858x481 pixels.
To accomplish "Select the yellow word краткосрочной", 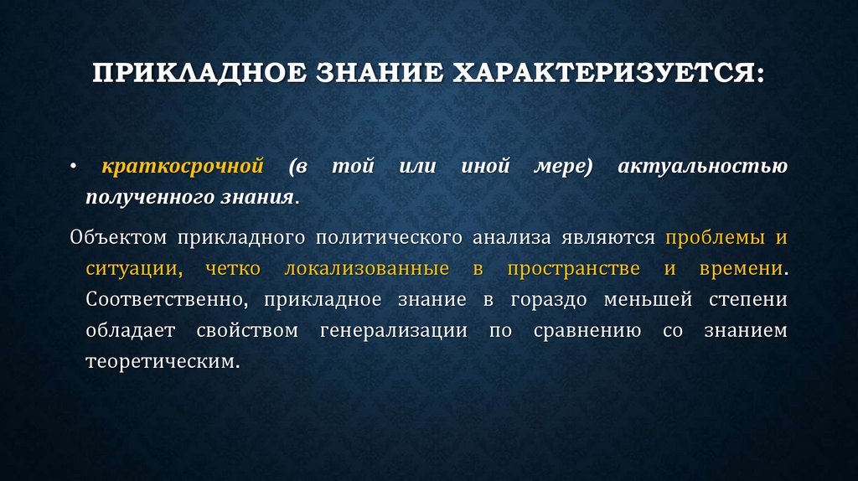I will (183, 166).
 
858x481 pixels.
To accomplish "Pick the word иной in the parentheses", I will (485, 166).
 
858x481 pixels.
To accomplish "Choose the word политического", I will (390, 238).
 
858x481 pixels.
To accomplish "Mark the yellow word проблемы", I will (715, 238).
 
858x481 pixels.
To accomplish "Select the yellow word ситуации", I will (131, 269).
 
